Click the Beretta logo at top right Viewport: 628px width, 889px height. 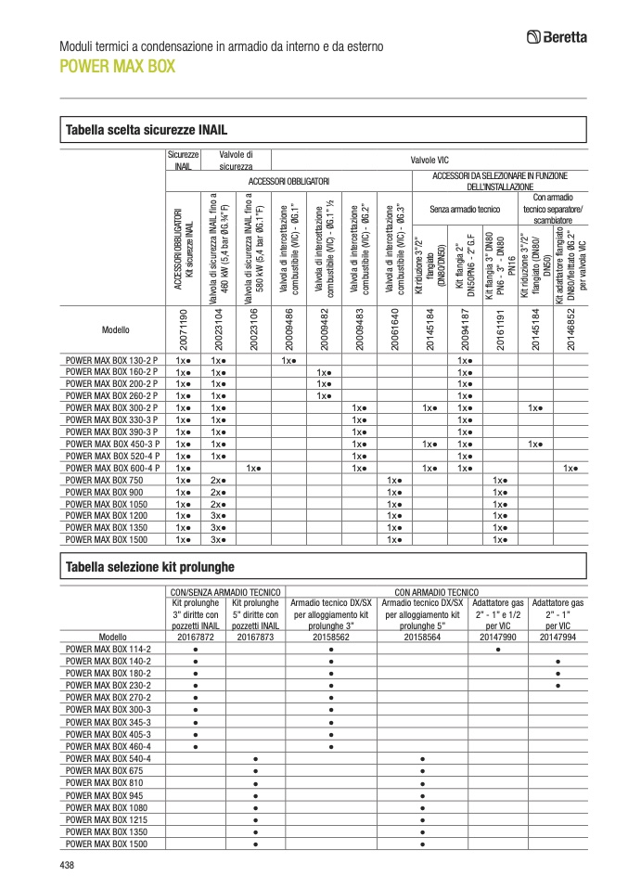[x=557, y=37]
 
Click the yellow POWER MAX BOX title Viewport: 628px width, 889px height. [x=117, y=67]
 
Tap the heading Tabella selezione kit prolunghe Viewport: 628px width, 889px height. [x=147, y=566]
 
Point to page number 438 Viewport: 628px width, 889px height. [x=66, y=865]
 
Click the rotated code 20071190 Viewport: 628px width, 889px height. [x=184, y=328]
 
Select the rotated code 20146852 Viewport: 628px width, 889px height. [x=571, y=328]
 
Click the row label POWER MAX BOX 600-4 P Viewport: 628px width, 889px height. [x=112, y=469]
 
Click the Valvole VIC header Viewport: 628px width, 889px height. [x=429, y=160]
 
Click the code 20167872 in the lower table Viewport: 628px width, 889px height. [x=196, y=637]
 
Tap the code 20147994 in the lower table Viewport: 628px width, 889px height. [x=558, y=637]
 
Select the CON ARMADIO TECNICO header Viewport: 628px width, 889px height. [x=436, y=590]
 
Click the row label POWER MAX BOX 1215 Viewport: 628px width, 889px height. [x=105, y=819]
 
